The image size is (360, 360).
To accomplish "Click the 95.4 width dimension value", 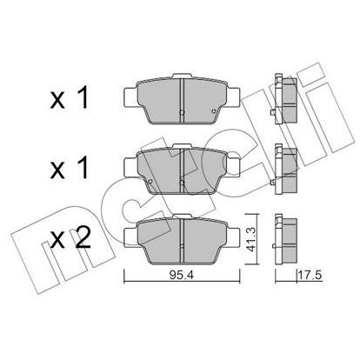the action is tap(182, 276).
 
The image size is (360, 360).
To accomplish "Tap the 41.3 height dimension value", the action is tap(250, 239).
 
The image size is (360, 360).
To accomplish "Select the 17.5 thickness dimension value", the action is tap(310, 276).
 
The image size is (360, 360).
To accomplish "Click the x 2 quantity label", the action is tap(70, 239).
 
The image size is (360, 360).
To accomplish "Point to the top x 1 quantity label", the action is tap(70, 99).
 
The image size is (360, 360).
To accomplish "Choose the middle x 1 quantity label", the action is tap(70, 169).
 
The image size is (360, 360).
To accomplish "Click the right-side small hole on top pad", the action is tap(214, 111).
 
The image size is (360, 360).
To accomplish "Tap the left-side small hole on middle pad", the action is tap(150, 182).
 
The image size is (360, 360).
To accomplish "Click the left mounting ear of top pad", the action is tap(130, 97).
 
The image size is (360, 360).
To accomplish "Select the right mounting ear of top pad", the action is tap(233, 97).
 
